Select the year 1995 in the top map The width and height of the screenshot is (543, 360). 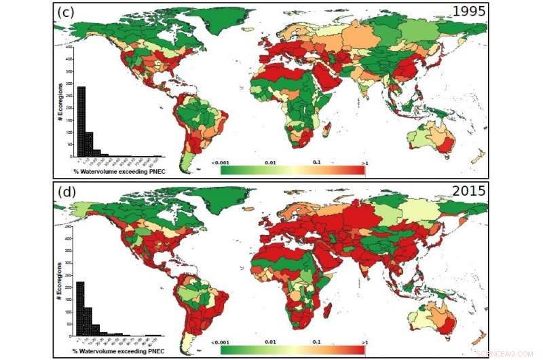469,12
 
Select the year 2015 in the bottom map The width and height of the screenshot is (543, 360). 469,191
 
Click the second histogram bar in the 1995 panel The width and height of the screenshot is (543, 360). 89,143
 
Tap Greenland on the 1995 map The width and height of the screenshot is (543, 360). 231,20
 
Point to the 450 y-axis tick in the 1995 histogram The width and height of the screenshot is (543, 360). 69,48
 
